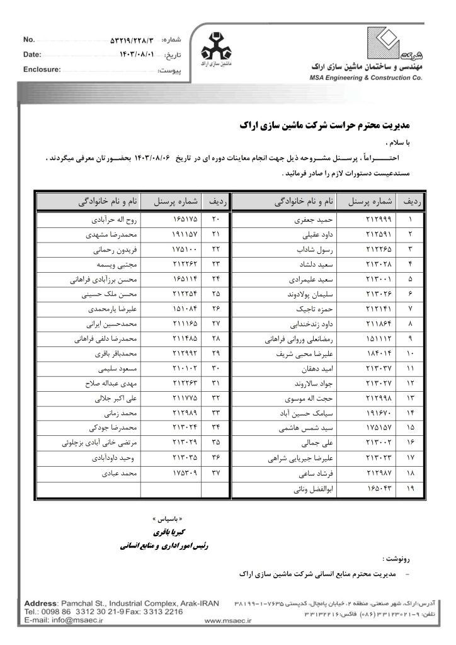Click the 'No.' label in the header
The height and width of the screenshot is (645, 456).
(29, 39)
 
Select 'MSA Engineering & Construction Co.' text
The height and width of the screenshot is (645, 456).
(356, 78)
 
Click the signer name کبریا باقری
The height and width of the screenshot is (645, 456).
(161, 532)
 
